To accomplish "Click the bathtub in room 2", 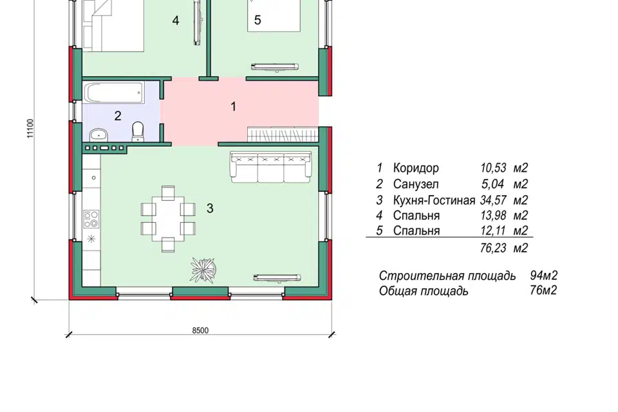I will [x=114, y=93].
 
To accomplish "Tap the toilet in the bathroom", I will [x=138, y=131].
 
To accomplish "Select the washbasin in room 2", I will [x=98, y=134].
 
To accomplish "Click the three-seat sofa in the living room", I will [x=271, y=167].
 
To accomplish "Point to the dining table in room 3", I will [x=168, y=218].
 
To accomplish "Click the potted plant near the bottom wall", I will [x=204, y=268].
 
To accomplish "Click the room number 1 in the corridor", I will [x=234, y=106].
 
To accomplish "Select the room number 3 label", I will [x=210, y=208].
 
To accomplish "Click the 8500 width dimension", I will [x=200, y=330].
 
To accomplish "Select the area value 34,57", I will [x=492, y=200].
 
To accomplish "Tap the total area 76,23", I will [x=494, y=248].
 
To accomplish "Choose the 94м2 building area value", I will [x=543, y=276].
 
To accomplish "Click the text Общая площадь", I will [x=424, y=291].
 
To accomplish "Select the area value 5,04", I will [x=495, y=184].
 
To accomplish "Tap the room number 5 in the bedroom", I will [x=257, y=20].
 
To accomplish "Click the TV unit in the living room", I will [x=277, y=277].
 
